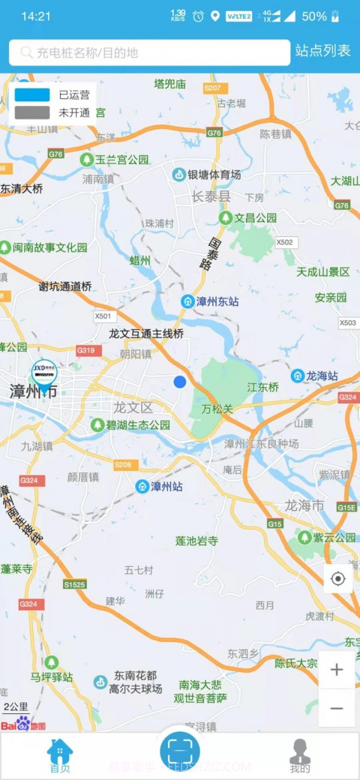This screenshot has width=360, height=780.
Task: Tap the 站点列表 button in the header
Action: (x=323, y=52)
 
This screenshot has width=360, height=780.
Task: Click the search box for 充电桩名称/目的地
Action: (x=149, y=53)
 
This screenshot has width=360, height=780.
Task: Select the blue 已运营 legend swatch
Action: (x=32, y=95)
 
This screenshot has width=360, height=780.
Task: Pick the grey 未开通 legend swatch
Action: (x=32, y=112)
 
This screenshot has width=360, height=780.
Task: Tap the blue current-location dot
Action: (x=180, y=382)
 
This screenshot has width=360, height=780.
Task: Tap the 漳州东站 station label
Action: (x=210, y=301)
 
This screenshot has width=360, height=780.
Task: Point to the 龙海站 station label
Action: (x=314, y=376)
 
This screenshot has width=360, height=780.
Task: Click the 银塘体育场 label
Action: (x=207, y=175)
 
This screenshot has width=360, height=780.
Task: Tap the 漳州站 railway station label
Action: (x=159, y=486)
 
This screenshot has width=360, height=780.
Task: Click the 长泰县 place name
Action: (x=211, y=197)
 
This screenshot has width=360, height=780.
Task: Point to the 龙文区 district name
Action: (x=133, y=408)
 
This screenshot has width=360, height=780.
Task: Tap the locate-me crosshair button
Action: (x=338, y=579)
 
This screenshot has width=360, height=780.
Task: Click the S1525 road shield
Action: (x=75, y=584)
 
